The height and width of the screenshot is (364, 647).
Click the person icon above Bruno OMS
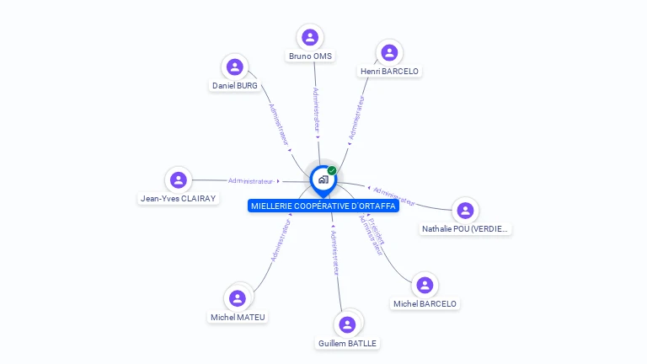tap(310, 37)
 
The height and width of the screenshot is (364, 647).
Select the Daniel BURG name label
tap(235, 86)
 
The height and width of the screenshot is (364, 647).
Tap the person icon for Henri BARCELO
tap(389, 53)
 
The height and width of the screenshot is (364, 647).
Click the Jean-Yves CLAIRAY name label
tap(178, 199)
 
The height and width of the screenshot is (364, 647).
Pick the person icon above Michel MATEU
tap(238, 298)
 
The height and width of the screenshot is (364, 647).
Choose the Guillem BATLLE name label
tap(347, 343)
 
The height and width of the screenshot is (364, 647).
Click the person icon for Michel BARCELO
tap(425, 285)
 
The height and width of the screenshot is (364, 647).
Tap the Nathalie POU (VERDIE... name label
tap(466, 229)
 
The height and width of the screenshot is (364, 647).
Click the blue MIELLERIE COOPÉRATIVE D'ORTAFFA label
tap(323, 206)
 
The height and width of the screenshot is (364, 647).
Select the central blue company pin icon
tap(322, 179)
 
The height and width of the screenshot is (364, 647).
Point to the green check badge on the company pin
tap(332, 170)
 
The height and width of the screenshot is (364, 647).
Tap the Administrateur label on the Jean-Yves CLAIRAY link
tap(250, 180)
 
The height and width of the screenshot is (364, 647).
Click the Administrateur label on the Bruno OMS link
tap(315, 110)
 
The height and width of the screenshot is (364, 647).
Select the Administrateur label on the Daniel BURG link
tap(279, 125)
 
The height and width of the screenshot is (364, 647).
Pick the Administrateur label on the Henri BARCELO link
tap(356, 117)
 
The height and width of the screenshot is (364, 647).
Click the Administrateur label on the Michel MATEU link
tap(280, 242)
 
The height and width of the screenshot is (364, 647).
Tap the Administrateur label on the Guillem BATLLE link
tap(335, 251)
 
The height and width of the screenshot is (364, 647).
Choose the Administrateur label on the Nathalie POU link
tap(393, 195)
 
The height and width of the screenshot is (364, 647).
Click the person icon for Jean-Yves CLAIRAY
tap(178, 179)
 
